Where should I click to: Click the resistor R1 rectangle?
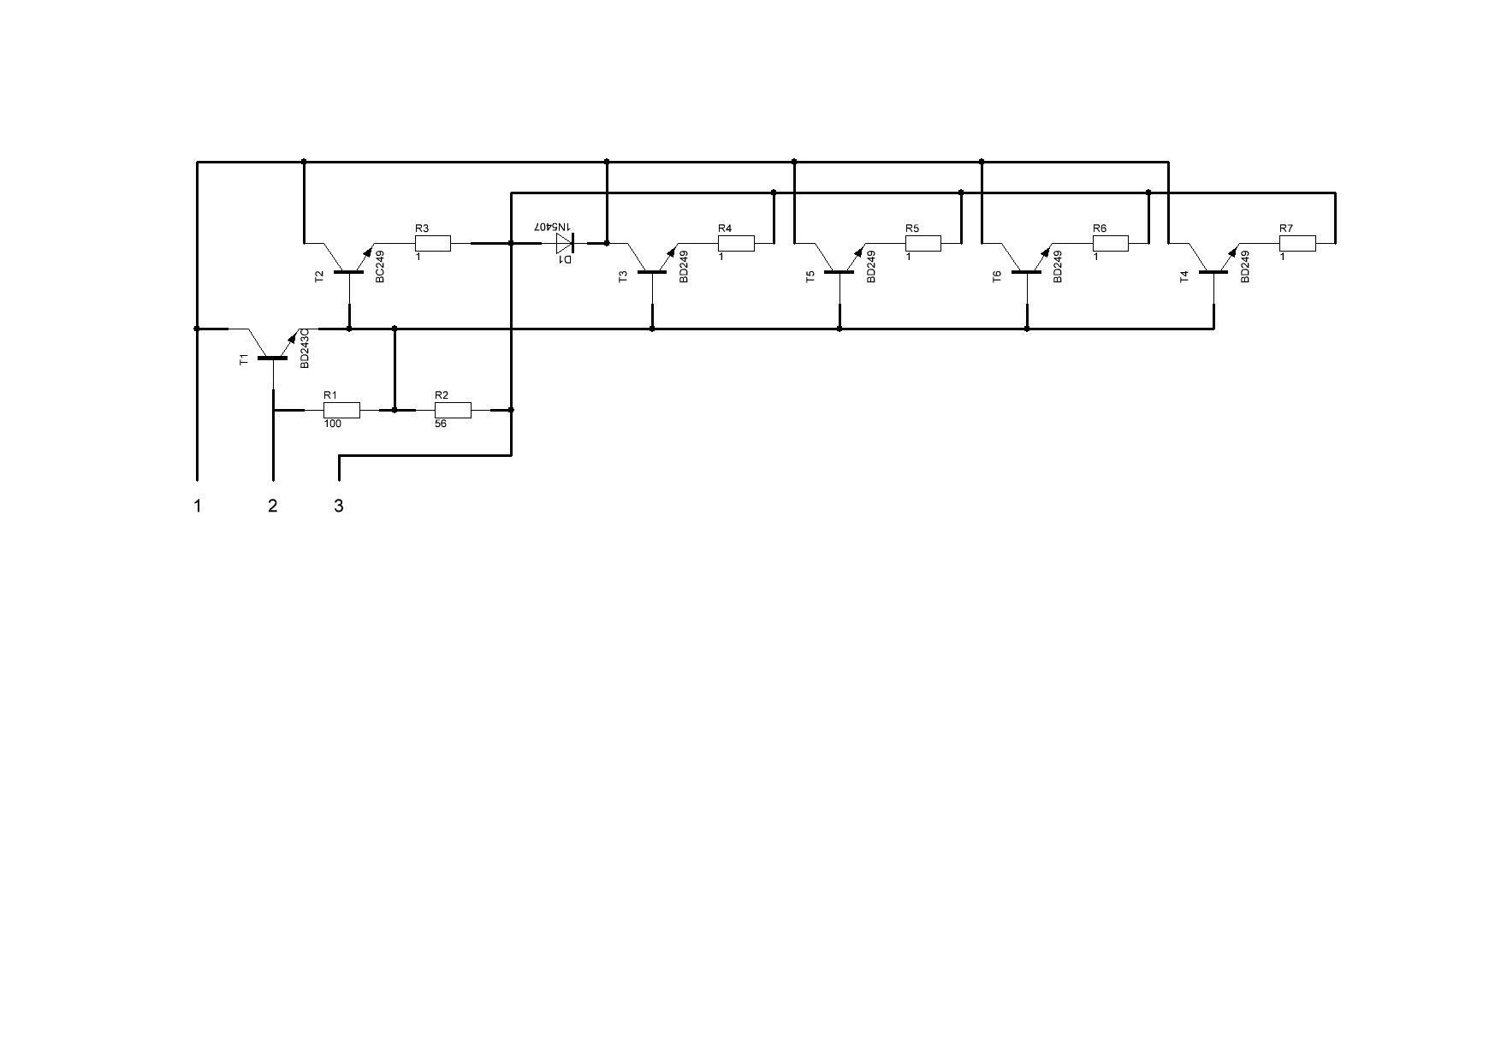pos(341,410)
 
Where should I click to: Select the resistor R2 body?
pos(453,410)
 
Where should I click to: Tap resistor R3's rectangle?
pos(433,243)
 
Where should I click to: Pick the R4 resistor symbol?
pos(736,243)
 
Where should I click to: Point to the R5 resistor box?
pos(923,243)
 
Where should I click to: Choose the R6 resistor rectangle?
pos(1111,243)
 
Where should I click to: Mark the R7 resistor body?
pos(1297,243)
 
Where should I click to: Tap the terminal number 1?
pos(198,506)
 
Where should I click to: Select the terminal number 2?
pos(273,506)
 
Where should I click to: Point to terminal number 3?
pos(339,506)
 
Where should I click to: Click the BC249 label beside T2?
pos(380,266)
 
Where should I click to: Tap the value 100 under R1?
pos(333,424)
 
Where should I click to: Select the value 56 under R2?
pos(441,424)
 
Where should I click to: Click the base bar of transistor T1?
pos(273,358)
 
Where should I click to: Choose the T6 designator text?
pos(997,276)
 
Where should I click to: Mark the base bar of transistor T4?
pos(1213,272)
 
